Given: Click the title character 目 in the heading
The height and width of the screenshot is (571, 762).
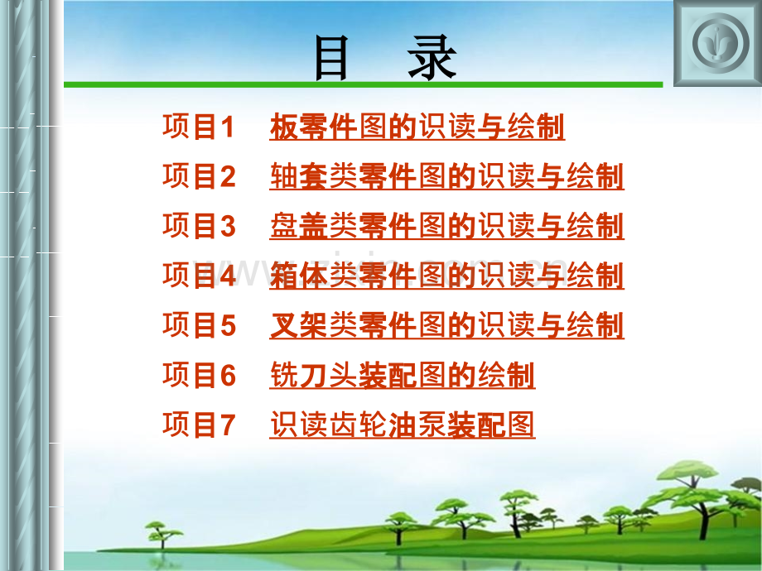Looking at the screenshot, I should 332,60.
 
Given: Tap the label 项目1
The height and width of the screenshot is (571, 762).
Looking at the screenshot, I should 199,127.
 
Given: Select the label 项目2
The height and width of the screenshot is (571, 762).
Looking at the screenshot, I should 199,177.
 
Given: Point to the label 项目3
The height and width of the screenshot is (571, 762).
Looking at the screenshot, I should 199,227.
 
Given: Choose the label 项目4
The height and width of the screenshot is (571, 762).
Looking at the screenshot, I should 199,276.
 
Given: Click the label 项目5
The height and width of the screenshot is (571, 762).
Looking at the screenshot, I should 199,326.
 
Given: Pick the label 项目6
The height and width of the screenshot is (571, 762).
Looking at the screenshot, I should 199,377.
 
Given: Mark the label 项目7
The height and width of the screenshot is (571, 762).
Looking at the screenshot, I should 199,425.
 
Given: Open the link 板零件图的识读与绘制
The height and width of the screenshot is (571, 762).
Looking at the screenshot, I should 417,127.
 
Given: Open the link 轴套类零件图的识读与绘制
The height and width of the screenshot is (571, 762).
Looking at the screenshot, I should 446,177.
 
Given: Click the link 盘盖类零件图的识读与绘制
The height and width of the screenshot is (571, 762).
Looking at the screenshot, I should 446,227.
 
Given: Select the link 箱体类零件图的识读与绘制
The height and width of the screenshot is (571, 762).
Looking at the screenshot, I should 446,276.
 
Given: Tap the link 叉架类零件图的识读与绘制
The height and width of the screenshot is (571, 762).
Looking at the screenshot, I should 446,326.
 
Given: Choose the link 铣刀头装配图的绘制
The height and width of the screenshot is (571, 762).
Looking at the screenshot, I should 403,377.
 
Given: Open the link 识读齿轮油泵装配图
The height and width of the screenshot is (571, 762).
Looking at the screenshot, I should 403,425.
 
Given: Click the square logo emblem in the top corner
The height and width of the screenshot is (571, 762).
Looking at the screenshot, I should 716,42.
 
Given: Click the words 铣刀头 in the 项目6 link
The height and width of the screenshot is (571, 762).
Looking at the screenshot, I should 313,377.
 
